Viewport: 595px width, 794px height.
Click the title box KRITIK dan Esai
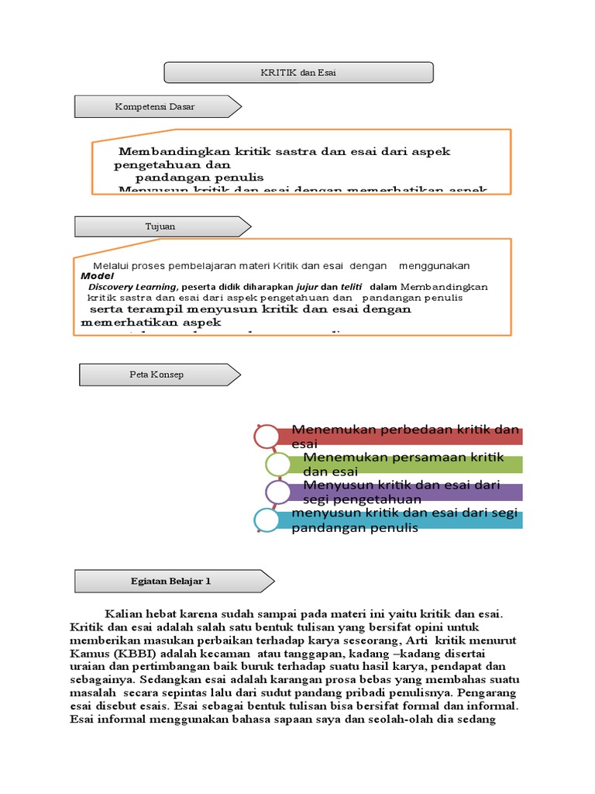pyautogui.click(x=298, y=73)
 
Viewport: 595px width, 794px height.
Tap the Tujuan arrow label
pyautogui.click(x=162, y=226)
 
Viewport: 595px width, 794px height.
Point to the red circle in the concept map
pyautogui.click(x=266, y=437)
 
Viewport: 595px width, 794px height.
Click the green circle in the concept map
pyautogui.click(x=277, y=464)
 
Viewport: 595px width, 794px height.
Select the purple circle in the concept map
pyautogui.click(x=277, y=492)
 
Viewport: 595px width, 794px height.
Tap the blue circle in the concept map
pyautogui.click(x=267, y=520)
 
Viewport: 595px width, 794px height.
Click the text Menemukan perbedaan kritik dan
pyautogui.click(x=405, y=430)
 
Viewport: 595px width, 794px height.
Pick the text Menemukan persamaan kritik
pyautogui.click(x=404, y=457)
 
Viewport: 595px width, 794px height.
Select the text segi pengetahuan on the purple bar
pyautogui.click(x=362, y=499)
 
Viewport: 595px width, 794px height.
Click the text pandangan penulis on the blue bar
pyautogui.click(x=355, y=528)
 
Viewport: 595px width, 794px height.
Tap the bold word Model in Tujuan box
pyautogui.click(x=97, y=276)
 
